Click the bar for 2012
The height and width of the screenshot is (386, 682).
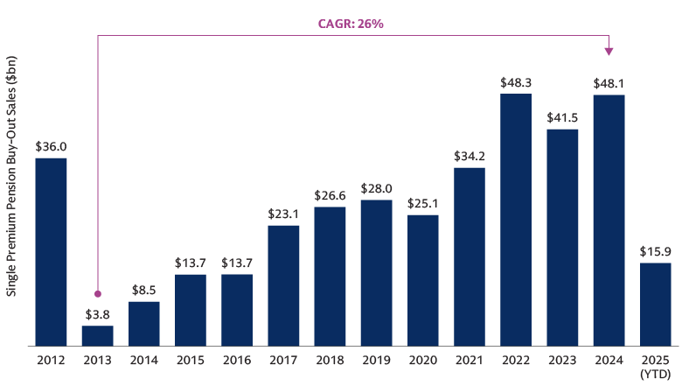51,252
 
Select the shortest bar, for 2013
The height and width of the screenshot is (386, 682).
97,336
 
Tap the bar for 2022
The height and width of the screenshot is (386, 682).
516,220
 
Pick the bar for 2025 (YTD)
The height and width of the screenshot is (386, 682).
655,305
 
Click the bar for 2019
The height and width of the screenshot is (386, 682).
376,273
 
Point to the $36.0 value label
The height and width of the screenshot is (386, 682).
51,147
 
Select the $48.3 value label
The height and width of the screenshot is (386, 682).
516,82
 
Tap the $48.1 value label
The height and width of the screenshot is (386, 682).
609,83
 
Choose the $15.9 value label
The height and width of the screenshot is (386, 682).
655,252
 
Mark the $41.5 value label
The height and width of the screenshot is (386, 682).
562,118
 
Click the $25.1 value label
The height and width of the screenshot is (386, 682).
422,204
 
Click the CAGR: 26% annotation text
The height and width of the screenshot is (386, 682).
351,24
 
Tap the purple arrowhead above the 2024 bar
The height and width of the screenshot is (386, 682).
609,51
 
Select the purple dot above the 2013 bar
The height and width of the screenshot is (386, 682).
97,294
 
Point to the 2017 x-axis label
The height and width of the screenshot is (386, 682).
283,359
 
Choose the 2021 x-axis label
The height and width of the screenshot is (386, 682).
470,359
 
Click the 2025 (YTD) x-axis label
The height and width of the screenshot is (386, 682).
655,366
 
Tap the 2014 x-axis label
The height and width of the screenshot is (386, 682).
143,359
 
